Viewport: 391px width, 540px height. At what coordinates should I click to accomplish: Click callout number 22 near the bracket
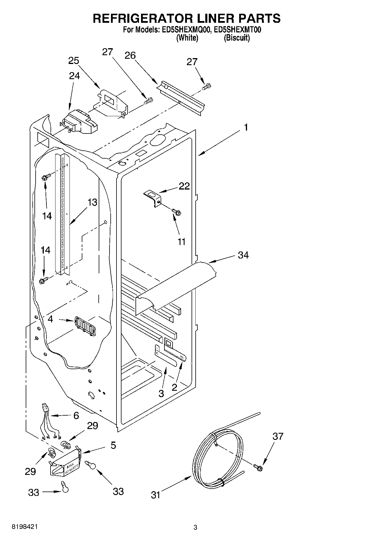click(x=184, y=186)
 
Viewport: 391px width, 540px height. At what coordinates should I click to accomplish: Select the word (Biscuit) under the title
click(x=237, y=38)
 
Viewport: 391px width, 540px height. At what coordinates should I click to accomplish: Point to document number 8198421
click(x=25, y=527)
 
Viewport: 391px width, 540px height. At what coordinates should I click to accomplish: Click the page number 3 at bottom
click(x=195, y=527)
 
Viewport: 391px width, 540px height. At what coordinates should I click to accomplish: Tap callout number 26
click(x=130, y=55)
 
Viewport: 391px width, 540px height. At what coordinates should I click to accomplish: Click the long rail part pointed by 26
click(x=181, y=98)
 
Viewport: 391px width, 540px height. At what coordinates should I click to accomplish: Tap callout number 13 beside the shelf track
click(x=92, y=202)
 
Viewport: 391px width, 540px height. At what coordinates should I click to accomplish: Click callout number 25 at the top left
click(x=74, y=60)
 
